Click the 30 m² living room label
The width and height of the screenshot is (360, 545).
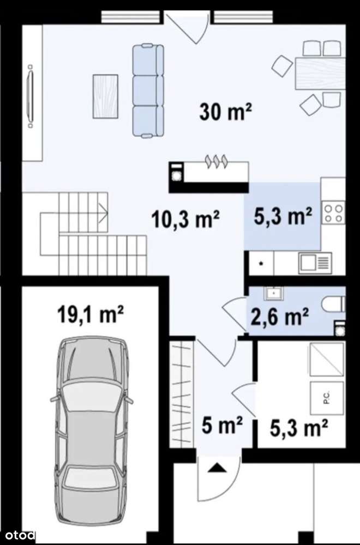click(x=225, y=112)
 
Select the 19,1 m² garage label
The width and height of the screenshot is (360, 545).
click(x=91, y=315)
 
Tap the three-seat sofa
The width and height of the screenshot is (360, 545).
click(x=148, y=90)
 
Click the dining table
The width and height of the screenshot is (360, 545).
click(x=320, y=73)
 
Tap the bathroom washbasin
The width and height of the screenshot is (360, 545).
click(x=272, y=293)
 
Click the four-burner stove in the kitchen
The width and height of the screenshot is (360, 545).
click(x=333, y=212)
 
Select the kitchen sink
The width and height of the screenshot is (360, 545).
click(x=314, y=263)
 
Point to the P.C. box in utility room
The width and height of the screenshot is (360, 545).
click(x=326, y=399)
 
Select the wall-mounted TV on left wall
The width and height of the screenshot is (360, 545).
click(x=31, y=95)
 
